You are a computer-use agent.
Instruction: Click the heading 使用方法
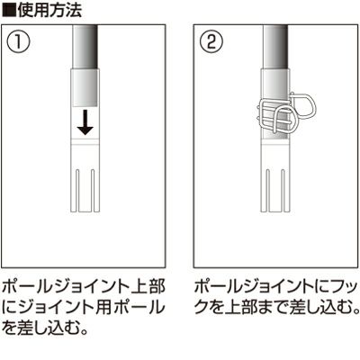(x=49, y=11)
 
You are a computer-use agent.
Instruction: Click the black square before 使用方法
(x=9, y=11)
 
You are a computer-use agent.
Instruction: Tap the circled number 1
(x=18, y=42)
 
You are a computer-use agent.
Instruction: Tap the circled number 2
(x=211, y=42)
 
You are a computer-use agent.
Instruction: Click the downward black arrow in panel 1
(x=85, y=122)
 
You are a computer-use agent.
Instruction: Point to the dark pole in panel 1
(x=85, y=47)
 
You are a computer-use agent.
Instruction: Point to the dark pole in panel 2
(x=275, y=47)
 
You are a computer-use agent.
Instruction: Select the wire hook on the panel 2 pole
(x=284, y=113)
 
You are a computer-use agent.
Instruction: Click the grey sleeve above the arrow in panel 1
(x=85, y=88)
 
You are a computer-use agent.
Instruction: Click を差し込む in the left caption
(x=41, y=328)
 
